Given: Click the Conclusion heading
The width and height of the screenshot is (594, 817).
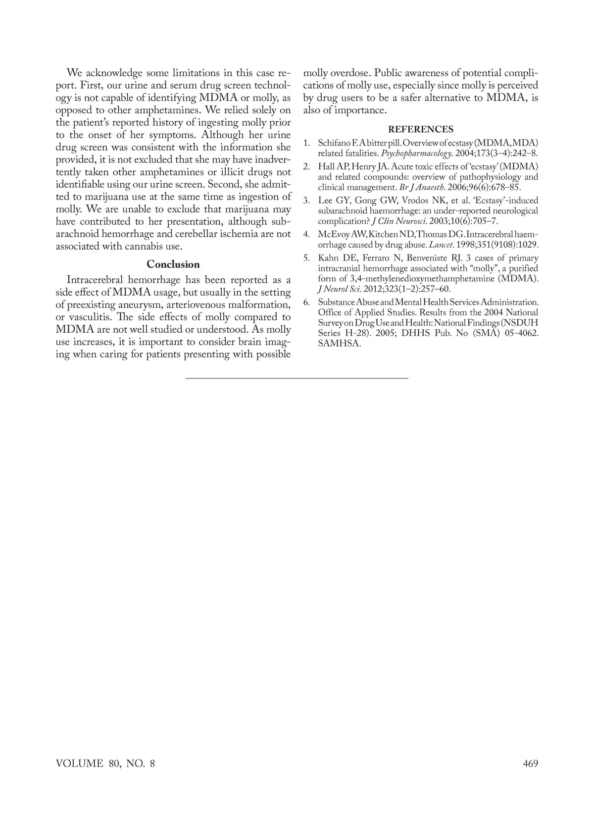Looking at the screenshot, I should click(x=173, y=264).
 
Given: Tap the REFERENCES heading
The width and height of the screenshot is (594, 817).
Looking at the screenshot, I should click(x=421, y=130).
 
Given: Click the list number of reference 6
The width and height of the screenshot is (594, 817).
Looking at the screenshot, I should click(x=306, y=302).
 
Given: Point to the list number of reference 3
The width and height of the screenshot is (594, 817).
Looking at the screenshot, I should click(x=306, y=201).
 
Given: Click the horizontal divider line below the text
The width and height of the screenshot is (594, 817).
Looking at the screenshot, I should click(x=297, y=378).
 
